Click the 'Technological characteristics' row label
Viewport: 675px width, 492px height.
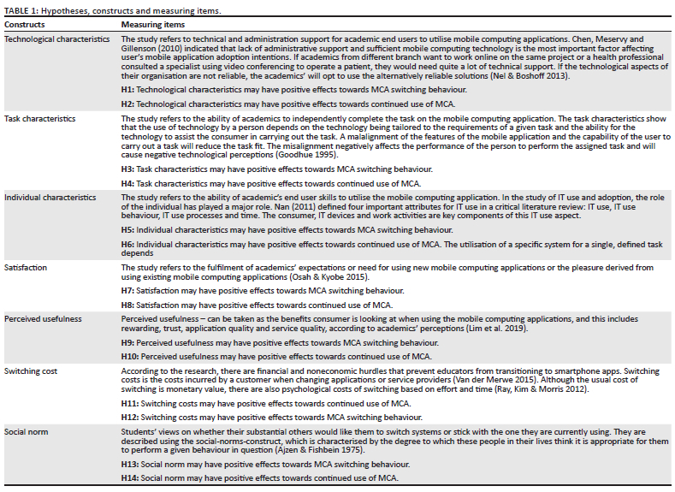(x=58, y=39)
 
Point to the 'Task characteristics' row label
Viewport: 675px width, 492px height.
(x=40, y=118)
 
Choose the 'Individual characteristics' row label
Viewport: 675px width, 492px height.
(x=50, y=197)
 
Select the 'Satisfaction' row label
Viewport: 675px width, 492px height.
(x=26, y=267)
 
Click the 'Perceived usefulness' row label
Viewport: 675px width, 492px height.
(x=43, y=318)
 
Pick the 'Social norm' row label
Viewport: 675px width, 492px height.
(x=27, y=431)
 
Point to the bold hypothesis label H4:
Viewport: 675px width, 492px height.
(x=127, y=182)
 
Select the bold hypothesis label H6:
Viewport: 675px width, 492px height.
(x=127, y=244)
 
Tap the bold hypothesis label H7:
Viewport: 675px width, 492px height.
(x=127, y=291)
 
